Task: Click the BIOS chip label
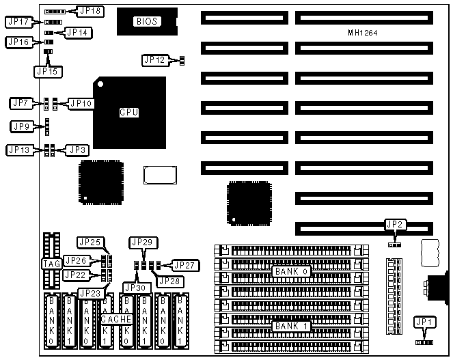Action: click(x=146, y=21)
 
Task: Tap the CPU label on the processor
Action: click(x=128, y=112)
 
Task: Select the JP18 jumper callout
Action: click(x=90, y=11)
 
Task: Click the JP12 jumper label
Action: click(x=154, y=60)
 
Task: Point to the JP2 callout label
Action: click(x=394, y=224)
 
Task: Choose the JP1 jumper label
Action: click(x=425, y=322)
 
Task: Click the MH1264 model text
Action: click(x=362, y=33)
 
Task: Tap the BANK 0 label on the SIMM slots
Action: click(x=292, y=271)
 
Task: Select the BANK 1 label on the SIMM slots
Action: click(x=292, y=327)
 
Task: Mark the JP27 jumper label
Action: click(x=183, y=265)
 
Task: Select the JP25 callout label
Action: click(x=90, y=243)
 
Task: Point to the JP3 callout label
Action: click(x=76, y=150)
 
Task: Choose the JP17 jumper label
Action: click(x=17, y=23)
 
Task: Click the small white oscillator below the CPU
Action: click(x=156, y=174)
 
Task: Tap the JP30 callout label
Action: click(x=136, y=288)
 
